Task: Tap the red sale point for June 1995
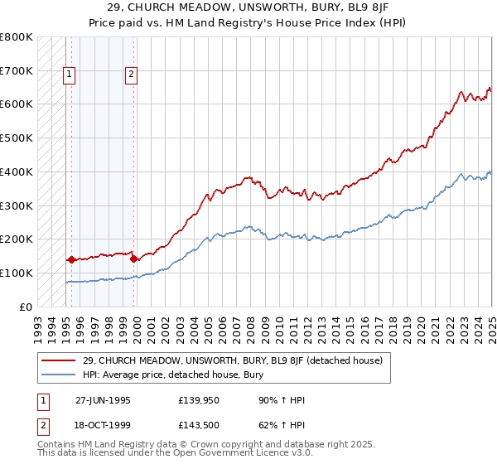click(x=70, y=259)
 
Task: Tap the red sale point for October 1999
click(x=133, y=259)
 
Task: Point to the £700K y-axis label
click(x=17, y=71)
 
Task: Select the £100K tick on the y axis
click(x=17, y=273)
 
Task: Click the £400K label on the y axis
click(x=17, y=172)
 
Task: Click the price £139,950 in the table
click(x=198, y=400)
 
